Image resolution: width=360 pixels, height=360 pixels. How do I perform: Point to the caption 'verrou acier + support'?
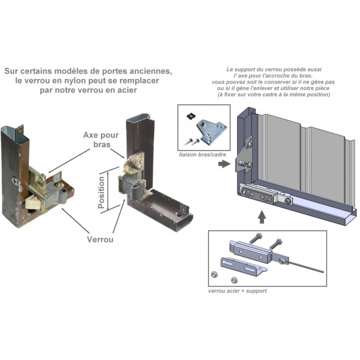point(237,291)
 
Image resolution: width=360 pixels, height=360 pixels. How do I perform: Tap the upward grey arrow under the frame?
point(262,218)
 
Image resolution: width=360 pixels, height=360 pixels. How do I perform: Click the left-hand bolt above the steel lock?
point(258,240)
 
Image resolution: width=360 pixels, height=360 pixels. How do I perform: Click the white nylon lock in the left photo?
point(32,201)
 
